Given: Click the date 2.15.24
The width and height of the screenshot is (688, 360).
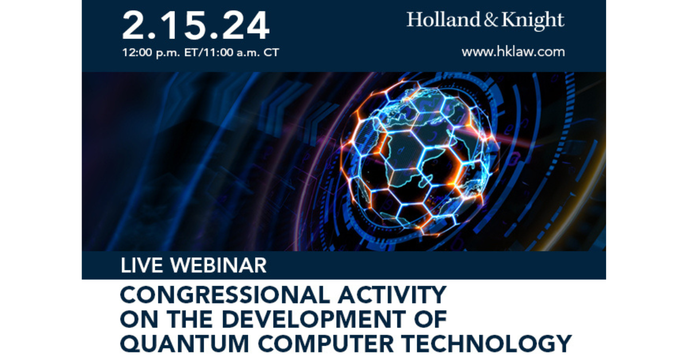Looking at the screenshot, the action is (196, 25).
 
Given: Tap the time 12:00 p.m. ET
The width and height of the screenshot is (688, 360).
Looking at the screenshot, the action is (160, 53).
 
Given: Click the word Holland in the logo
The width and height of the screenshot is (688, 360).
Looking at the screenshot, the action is (443, 19).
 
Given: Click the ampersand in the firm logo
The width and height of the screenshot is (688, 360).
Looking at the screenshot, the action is (491, 19).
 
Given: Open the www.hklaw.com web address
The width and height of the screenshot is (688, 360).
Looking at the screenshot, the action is (513, 52).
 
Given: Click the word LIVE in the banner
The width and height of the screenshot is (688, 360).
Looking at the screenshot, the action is (142, 265).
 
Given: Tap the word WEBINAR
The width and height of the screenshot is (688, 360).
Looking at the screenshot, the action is (218, 265).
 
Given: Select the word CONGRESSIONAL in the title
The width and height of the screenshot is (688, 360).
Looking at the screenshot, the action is (225, 295).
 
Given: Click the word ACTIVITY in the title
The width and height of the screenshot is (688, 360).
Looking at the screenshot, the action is (392, 295).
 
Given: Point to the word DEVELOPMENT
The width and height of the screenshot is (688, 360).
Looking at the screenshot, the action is (314, 319).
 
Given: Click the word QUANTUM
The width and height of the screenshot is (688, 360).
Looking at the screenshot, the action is (185, 344).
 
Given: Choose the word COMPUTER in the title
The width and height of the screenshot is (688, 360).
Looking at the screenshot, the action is (326, 344).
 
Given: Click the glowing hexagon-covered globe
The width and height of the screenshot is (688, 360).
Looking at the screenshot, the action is (419, 156).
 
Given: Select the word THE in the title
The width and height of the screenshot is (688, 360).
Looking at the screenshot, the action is (190, 319).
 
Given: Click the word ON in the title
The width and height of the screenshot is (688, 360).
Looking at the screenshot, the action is (139, 319).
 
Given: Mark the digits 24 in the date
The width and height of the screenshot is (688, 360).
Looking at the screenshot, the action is (246, 25).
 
